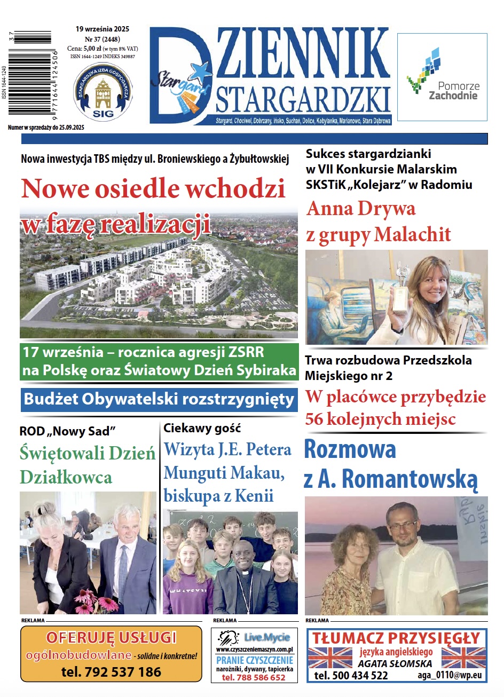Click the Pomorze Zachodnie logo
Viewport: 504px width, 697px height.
pyautogui.click(x=442, y=78)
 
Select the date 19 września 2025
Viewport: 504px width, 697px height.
pyautogui.click(x=103, y=29)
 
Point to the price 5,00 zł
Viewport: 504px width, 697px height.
pyautogui.click(x=92, y=49)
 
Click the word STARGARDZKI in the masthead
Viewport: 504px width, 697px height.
pyautogui.click(x=303, y=100)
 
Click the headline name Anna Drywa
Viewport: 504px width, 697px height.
pyautogui.click(x=361, y=209)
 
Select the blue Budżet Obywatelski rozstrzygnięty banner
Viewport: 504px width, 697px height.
pyautogui.click(x=159, y=399)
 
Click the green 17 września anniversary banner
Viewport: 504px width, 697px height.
pyautogui.click(x=159, y=361)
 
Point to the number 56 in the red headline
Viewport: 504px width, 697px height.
pyautogui.click(x=314, y=419)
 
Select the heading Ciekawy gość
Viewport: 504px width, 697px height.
pyautogui.click(x=202, y=428)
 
